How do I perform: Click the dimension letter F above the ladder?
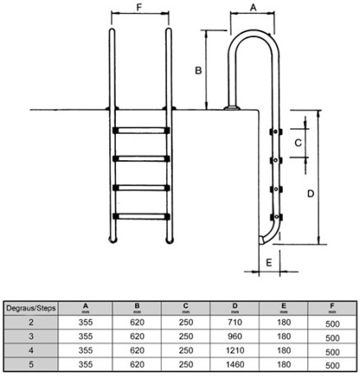[139, 7]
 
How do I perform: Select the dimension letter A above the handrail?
[253, 7]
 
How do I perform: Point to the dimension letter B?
[198, 71]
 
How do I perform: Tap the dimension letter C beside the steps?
[298, 143]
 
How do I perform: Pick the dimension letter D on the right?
[311, 194]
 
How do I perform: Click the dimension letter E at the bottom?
[269, 263]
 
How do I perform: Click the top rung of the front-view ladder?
[141, 130]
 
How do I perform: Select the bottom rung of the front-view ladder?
[141, 216]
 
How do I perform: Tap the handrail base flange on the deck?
[232, 108]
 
